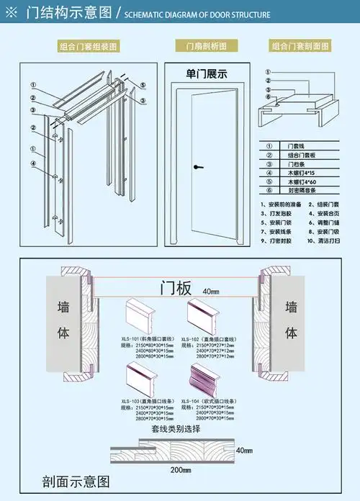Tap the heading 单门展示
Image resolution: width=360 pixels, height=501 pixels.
point(205,73)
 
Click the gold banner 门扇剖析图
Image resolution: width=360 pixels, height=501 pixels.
point(205,47)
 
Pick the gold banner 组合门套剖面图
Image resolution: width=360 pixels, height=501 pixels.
point(301,47)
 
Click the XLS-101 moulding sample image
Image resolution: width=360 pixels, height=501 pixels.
point(143,315)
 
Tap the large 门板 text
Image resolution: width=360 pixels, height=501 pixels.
point(175,289)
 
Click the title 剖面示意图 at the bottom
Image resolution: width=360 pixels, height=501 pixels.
point(76,481)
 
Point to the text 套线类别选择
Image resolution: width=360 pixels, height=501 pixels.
point(175,428)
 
